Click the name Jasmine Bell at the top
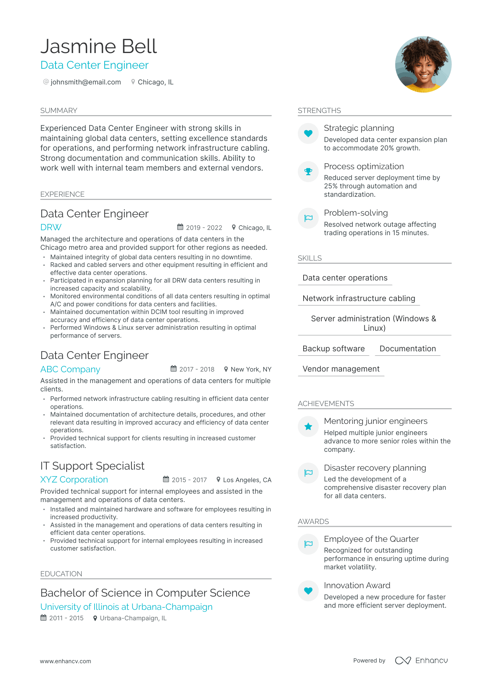point(99,46)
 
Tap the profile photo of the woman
point(423,65)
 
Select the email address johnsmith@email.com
point(85,82)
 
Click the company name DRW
point(51,227)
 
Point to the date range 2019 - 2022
point(204,228)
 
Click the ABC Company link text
point(70,369)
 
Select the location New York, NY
point(251,369)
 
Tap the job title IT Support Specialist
point(92,466)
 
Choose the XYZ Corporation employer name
point(74,480)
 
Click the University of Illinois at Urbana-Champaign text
point(126,607)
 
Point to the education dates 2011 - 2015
point(66,618)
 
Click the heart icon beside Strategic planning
point(308,133)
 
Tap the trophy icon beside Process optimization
point(308,171)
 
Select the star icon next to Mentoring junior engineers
point(308,426)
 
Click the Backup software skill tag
point(334,349)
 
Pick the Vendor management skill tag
point(341,369)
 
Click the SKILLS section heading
point(310,258)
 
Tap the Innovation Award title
point(357,585)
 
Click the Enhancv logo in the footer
point(422,660)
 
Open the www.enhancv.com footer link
point(65,661)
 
